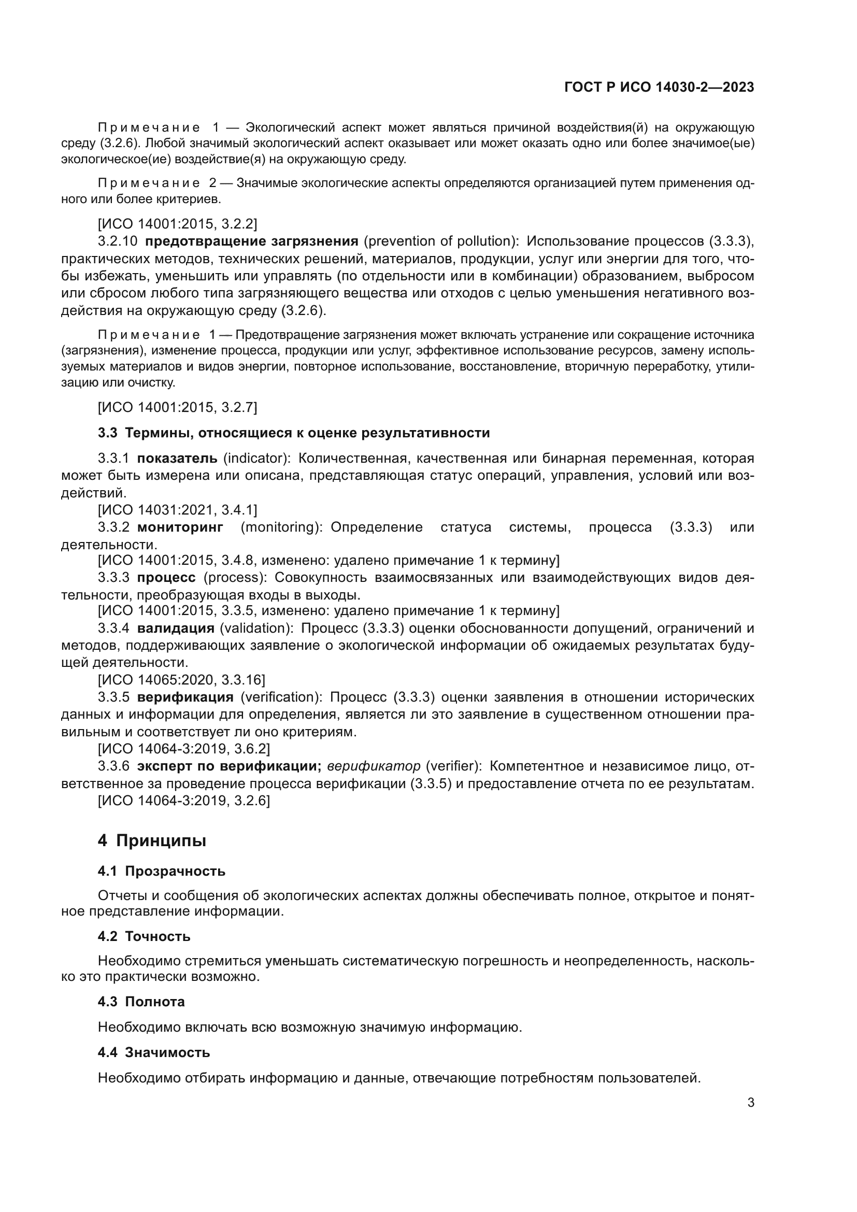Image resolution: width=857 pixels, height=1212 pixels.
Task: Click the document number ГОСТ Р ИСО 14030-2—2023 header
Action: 659,87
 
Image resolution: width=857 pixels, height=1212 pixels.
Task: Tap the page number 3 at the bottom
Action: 750,1103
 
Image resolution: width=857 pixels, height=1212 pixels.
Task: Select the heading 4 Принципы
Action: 152,840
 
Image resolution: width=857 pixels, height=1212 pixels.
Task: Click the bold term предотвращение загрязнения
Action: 252,241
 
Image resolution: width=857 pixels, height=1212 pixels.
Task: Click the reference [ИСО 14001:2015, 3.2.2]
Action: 177,224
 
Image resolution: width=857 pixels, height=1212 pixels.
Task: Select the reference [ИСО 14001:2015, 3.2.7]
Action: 177,407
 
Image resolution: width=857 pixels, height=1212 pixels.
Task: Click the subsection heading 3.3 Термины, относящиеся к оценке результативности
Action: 294,433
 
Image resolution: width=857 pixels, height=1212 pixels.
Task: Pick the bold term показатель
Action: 177,458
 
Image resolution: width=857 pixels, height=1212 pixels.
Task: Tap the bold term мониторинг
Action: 180,527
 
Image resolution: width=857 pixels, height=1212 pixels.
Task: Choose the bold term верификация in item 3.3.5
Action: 185,697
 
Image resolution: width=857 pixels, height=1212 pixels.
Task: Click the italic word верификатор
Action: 374,766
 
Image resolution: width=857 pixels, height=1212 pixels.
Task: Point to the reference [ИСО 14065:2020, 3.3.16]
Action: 181,679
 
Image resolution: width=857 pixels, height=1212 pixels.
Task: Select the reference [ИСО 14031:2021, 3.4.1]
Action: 177,510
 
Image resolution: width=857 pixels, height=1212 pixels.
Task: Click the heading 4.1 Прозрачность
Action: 162,871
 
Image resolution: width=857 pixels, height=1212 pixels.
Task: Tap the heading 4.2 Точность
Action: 144,936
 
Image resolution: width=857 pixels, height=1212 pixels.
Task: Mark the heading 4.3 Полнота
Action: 141,1002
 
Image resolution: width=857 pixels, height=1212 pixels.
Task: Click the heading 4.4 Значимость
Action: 153,1052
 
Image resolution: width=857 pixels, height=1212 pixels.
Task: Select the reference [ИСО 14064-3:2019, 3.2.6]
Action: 183,801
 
